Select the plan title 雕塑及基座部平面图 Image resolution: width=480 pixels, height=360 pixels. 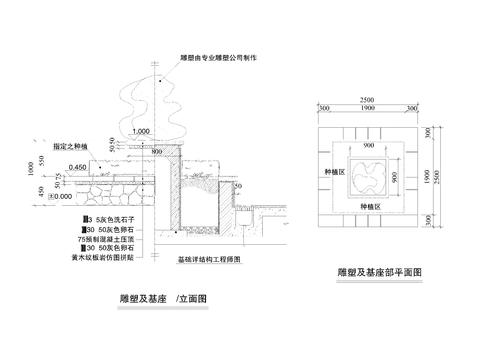(380, 272)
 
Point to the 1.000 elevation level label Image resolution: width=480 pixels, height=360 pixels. (140, 132)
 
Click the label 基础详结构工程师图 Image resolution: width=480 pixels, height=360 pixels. (211, 259)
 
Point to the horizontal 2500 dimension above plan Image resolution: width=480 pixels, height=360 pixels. (368, 100)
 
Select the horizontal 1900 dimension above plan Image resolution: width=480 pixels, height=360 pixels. (368, 108)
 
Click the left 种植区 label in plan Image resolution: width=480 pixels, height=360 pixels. (332, 171)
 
